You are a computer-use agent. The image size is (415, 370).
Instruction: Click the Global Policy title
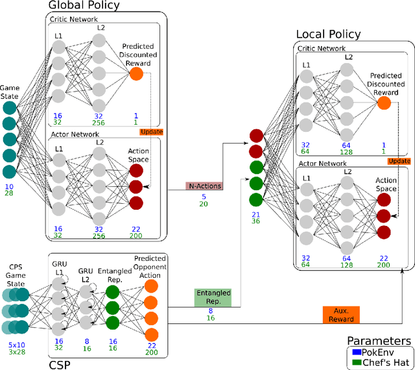pos(84,6)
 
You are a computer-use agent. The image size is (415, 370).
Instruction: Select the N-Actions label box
pos(204,186)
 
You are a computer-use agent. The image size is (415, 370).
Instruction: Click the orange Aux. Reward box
pos(341,315)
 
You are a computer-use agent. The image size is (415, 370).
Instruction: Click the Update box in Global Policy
pos(151,132)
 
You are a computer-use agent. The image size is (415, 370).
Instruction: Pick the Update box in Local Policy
pos(400,160)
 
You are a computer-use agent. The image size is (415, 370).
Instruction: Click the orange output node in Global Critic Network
pos(136,74)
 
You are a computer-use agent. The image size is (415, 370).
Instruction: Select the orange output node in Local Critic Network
pos(384,102)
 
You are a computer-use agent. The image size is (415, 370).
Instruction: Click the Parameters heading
pos(379,340)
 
